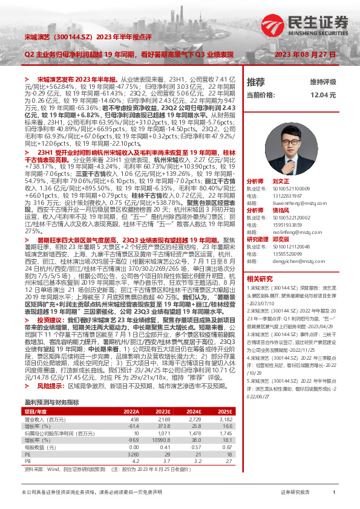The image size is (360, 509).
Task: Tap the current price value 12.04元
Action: pyautogui.click(x=323, y=95)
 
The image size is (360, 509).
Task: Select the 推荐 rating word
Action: pyautogui.click(x=256, y=82)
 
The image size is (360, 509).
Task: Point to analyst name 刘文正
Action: pyautogui.click(x=281, y=181)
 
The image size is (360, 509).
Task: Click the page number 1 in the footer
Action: pyautogui.click(x=334, y=493)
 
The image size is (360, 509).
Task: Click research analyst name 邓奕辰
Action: pyautogui.click(x=281, y=239)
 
